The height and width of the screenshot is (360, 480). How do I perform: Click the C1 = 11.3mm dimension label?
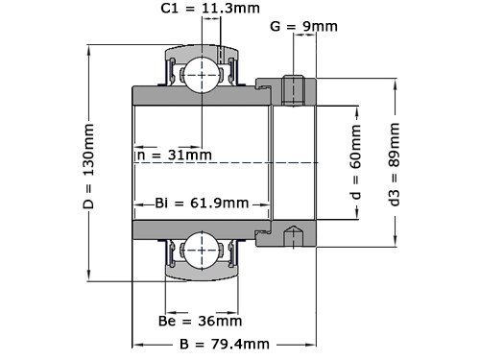tap(210, 8)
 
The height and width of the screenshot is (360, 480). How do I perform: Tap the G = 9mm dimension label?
tap(303, 26)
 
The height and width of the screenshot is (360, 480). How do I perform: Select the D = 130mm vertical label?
tap(88, 166)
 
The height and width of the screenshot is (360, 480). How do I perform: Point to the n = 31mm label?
tap(175, 155)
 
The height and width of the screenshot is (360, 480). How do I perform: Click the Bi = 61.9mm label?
tap(202, 203)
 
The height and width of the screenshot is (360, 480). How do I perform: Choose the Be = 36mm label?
tap(200, 321)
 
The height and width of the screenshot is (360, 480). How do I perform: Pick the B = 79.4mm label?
tap(225, 345)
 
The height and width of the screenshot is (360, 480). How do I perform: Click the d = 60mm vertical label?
tap(356, 161)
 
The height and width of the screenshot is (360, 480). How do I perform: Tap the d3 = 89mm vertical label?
tap(395, 164)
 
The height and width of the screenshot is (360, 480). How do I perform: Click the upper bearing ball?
tap(202, 75)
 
